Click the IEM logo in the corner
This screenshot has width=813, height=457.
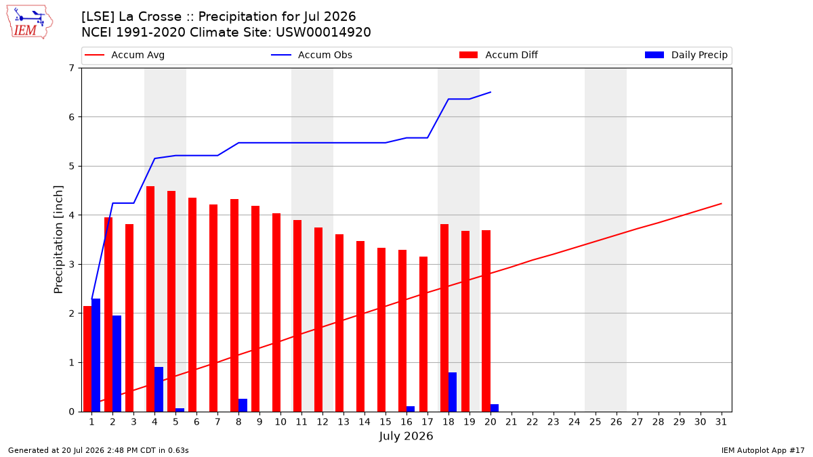[30, 22]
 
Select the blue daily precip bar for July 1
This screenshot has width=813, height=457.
[96, 355]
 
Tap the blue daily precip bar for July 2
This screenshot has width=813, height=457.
[117, 364]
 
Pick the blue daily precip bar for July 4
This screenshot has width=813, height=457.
[159, 389]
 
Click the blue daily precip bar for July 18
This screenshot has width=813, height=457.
[453, 392]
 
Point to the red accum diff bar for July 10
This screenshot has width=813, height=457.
[276, 313]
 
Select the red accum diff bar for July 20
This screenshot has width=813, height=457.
[486, 321]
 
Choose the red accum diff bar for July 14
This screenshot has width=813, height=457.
[360, 326]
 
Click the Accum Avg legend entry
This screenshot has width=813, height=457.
[125, 55]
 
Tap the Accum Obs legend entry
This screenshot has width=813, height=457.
[312, 55]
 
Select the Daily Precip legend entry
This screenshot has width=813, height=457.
[686, 55]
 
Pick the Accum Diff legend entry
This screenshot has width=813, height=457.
[499, 55]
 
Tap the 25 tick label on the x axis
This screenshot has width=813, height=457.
[596, 422]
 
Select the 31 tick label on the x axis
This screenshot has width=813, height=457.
[721, 422]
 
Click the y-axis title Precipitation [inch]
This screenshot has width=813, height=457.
[58, 240]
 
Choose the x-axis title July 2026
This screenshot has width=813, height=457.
[406, 436]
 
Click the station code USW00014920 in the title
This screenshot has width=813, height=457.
[323, 32]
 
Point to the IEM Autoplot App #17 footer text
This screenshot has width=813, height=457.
[763, 450]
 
